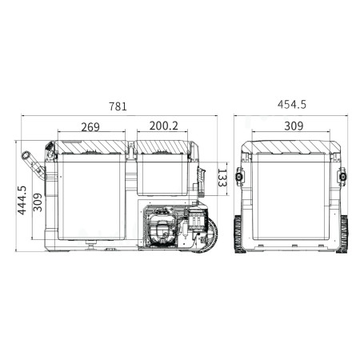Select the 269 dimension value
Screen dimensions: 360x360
90,126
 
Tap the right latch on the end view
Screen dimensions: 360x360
342,175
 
